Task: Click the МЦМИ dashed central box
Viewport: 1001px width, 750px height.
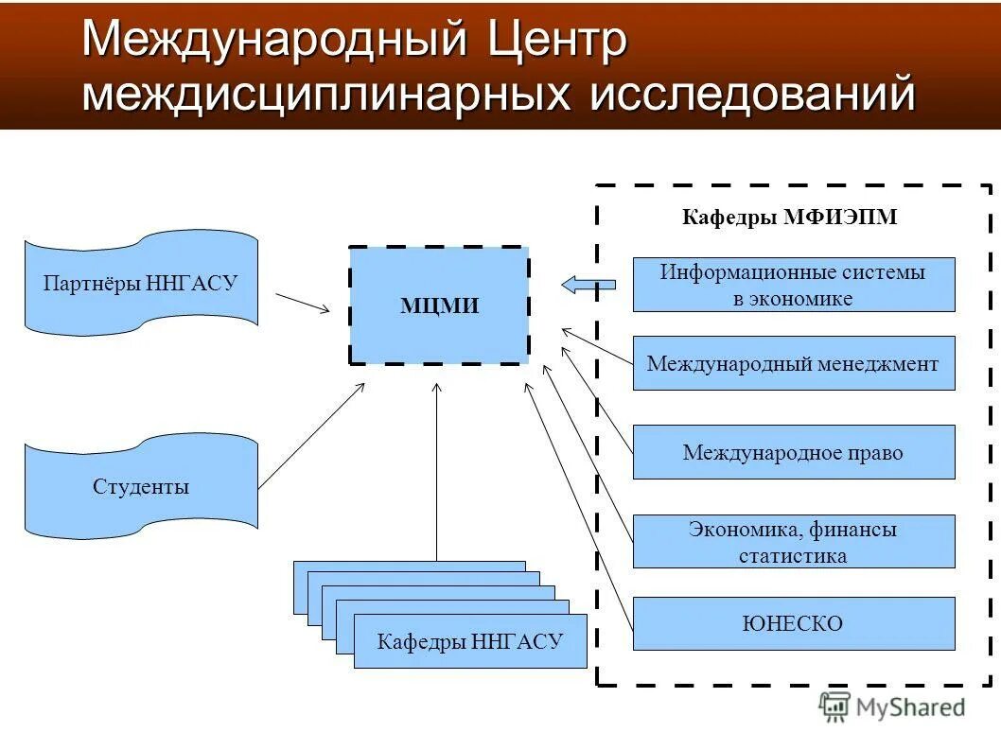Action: pos(439,305)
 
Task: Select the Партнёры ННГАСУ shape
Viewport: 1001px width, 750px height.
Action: pos(141,283)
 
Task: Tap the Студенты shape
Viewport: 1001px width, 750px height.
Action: pos(141,486)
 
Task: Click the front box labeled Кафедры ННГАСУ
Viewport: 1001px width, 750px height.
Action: pos(470,641)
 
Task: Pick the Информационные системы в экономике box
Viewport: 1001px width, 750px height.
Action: pos(793,285)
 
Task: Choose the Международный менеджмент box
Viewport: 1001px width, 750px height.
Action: pos(793,363)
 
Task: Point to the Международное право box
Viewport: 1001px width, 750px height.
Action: pos(793,452)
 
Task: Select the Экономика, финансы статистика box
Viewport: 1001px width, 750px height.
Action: pos(793,541)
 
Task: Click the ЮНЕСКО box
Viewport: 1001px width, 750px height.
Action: pos(793,623)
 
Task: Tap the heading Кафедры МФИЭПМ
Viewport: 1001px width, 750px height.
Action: pos(789,218)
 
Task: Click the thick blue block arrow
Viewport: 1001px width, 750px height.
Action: pos(588,284)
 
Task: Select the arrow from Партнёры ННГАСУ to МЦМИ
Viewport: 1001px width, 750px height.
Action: pos(303,302)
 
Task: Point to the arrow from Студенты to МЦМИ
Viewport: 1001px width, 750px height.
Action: pos(311,435)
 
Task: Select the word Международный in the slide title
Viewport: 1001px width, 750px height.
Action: pos(275,40)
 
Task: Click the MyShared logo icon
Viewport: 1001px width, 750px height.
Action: pos(834,706)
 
